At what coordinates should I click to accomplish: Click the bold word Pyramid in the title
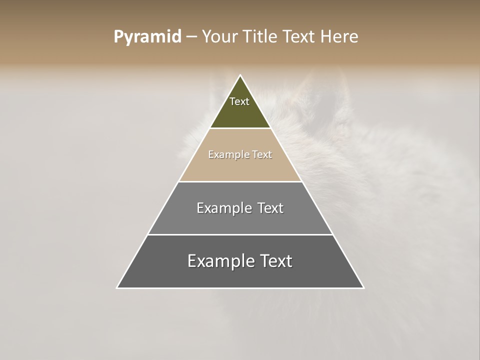tap(147, 37)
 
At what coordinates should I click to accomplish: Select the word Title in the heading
tap(261, 37)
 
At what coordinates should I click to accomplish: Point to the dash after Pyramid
tap(191, 37)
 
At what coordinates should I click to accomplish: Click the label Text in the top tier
tap(239, 101)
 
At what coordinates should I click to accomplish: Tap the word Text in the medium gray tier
tap(270, 208)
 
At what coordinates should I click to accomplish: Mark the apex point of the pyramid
tap(240, 75)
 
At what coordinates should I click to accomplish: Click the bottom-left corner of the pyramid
tap(117, 287)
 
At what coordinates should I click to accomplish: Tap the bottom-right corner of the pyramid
tap(363, 287)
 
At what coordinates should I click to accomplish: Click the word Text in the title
tap(298, 37)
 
